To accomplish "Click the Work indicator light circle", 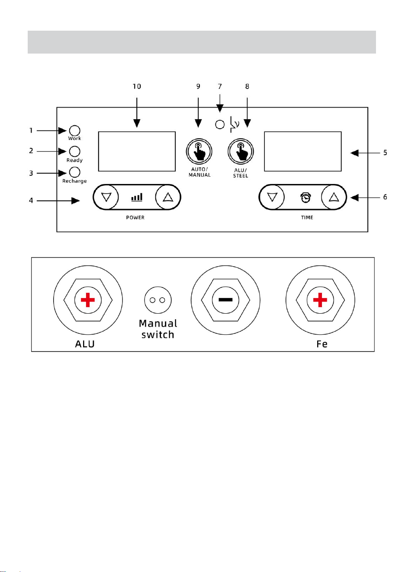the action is click(x=74, y=130).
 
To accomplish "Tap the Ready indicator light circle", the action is click(x=74, y=151).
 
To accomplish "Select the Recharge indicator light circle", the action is click(x=74, y=172).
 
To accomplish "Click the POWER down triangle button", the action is click(x=106, y=197).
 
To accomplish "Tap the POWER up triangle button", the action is click(x=168, y=197).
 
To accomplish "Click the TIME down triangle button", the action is click(x=272, y=197).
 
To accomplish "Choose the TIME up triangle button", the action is click(x=334, y=197).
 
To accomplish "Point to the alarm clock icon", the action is click(x=305, y=197).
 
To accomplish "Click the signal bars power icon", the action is click(x=137, y=197).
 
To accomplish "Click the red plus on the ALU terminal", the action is click(x=88, y=300).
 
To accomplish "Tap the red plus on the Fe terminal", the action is click(x=320, y=300).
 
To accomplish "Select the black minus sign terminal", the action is click(x=225, y=300).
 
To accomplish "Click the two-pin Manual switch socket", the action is click(x=158, y=300).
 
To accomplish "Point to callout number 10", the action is click(x=137, y=86).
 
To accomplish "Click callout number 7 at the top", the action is click(x=220, y=86).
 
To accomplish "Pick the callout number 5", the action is click(x=385, y=153).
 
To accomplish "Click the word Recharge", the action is click(x=74, y=181).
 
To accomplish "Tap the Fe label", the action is click(x=322, y=344).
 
